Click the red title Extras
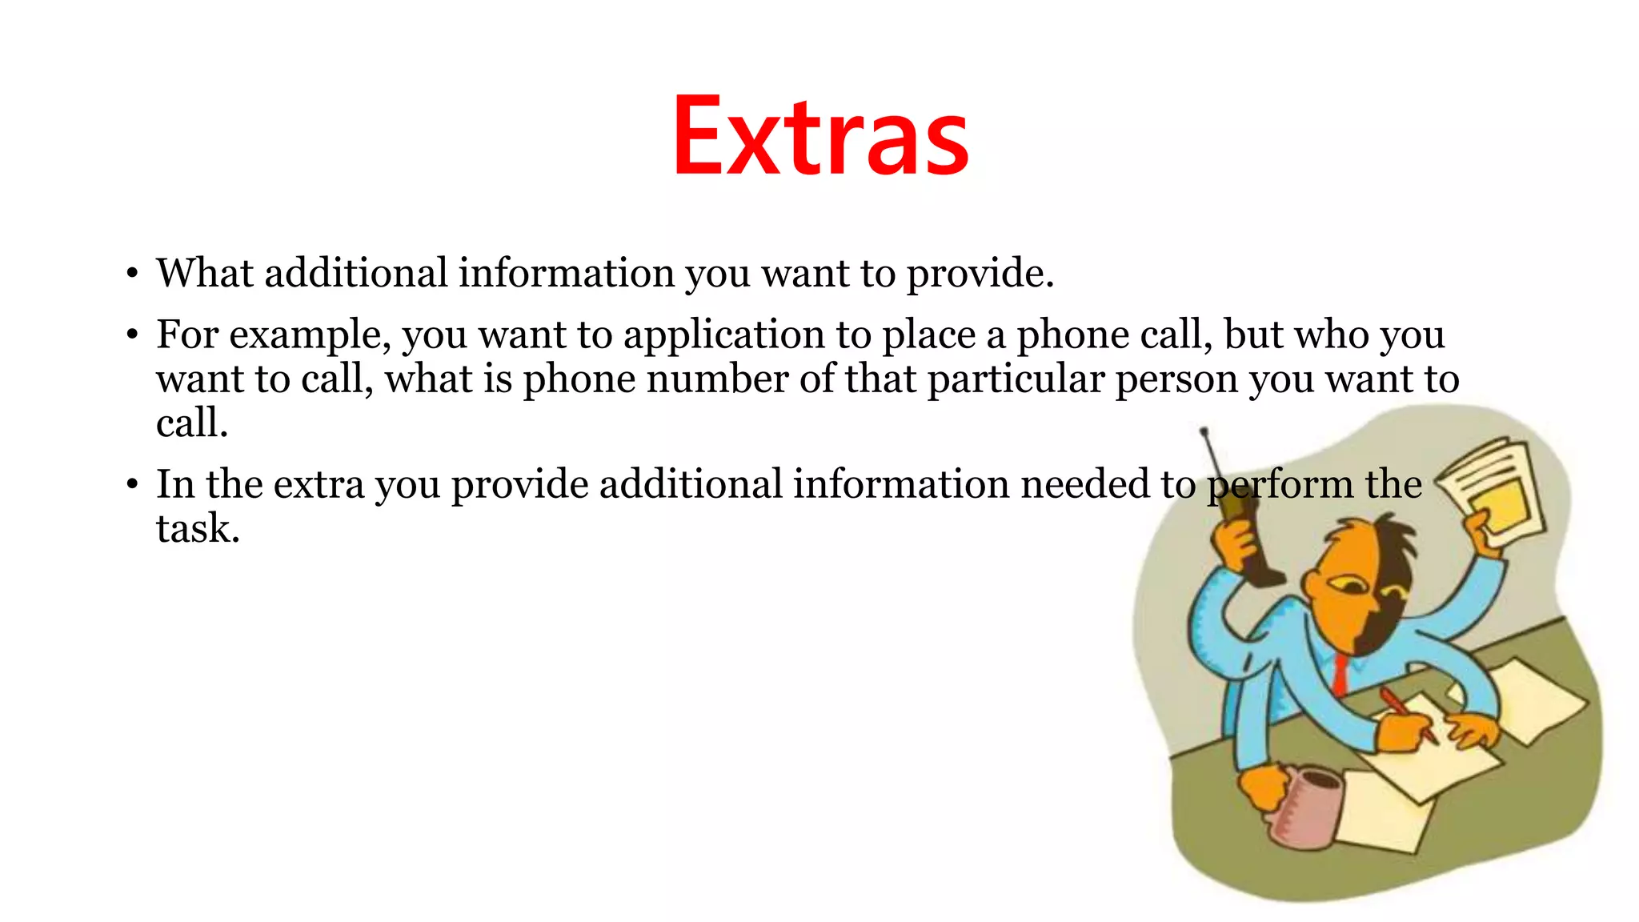click(x=820, y=136)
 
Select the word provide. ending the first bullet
click(x=980, y=275)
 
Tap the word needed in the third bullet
click(x=1084, y=484)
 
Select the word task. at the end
click(x=198, y=529)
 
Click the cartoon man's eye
click(x=1352, y=587)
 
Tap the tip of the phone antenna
click(x=1203, y=432)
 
